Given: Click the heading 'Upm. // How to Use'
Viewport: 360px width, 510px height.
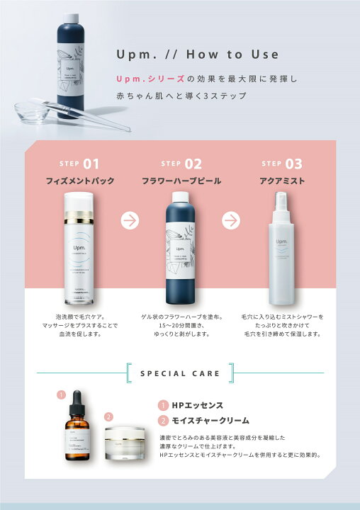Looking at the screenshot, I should [198, 55].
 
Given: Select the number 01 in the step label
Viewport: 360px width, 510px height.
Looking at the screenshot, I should [91, 164].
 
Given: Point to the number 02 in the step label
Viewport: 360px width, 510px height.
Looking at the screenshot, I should [193, 164].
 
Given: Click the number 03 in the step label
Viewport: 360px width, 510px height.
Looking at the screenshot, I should [293, 164].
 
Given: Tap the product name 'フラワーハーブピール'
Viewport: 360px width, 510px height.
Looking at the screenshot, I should [181, 181].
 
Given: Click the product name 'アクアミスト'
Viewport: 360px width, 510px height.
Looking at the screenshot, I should [282, 181].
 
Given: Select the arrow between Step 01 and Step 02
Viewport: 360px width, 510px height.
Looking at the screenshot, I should [130, 220].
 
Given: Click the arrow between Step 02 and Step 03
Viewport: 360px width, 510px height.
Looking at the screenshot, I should [231, 220].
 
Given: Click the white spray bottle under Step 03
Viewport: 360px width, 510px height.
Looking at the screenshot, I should [281, 244].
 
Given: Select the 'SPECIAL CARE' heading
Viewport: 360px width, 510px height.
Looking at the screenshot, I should [180, 373].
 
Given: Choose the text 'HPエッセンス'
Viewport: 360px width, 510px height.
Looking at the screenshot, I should [198, 405].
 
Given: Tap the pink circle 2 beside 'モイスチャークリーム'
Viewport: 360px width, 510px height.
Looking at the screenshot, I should [162, 421].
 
